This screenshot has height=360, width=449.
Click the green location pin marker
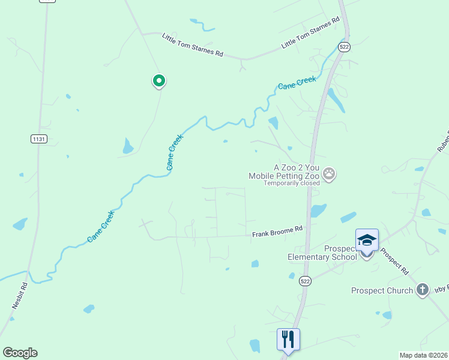(x=158, y=80)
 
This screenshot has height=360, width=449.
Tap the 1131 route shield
(x=37, y=139)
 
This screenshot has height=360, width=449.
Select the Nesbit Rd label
(x=20, y=296)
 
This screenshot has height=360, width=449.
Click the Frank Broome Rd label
(x=277, y=232)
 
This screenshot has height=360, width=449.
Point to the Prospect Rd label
(x=395, y=259)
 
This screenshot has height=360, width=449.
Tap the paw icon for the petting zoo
(x=329, y=174)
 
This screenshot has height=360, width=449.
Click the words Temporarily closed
(x=291, y=184)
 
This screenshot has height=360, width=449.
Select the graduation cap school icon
(x=367, y=240)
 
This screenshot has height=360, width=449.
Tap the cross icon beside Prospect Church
(x=423, y=290)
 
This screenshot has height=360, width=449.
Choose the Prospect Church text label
(x=382, y=290)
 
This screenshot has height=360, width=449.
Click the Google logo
(x=20, y=353)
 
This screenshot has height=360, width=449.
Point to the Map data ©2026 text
(x=423, y=355)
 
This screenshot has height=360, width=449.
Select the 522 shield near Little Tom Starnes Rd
(x=343, y=47)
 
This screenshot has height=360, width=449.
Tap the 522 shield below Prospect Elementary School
(x=306, y=281)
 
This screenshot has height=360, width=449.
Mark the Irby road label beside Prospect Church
(x=442, y=290)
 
